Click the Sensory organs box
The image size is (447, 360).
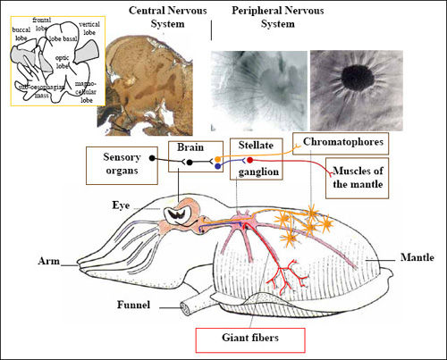point(114,163)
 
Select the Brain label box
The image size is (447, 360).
point(188,148)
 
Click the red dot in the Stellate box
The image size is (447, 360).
point(249,160)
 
